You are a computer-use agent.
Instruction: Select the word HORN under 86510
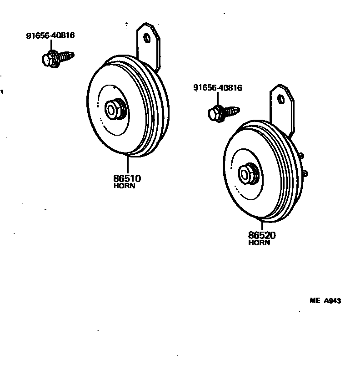[x=125, y=186]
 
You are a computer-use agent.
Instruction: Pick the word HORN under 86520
[x=260, y=243]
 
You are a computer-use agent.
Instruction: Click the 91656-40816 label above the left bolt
[x=50, y=35]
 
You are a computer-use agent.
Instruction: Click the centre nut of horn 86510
[x=113, y=109]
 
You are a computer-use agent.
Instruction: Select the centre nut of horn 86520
[x=248, y=173]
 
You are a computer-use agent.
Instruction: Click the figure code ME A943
[x=325, y=301]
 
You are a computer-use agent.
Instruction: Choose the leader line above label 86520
[x=262, y=225]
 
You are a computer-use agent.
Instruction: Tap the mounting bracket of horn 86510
[x=150, y=46]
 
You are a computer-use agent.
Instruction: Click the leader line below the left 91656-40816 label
[x=50, y=45]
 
